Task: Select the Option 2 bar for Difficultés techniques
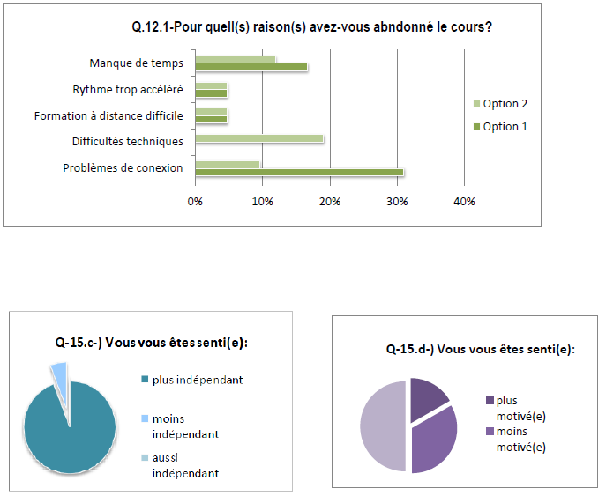pyautogui.click(x=258, y=138)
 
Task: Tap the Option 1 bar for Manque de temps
pyautogui.click(x=251, y=67)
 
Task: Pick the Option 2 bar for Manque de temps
pyautogui.click(x=235, y=59)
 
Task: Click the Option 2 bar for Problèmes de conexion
pyautogui.click(x=227, y=164)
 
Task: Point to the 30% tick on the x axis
pyautogui.click(x=397, y=202)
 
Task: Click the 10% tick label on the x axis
pyautogui.click(x=262, y=202)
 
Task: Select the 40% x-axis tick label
pyautogui.click(x=464, y=202)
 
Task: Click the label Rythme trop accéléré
pyautogui.click(x=128, y=90)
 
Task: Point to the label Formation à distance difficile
pyautogui.click(x=108, y=115)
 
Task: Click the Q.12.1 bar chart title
pyautogui.click(x=311, y=27)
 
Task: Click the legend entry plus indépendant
pyautogui.click(x=197, y=381)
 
